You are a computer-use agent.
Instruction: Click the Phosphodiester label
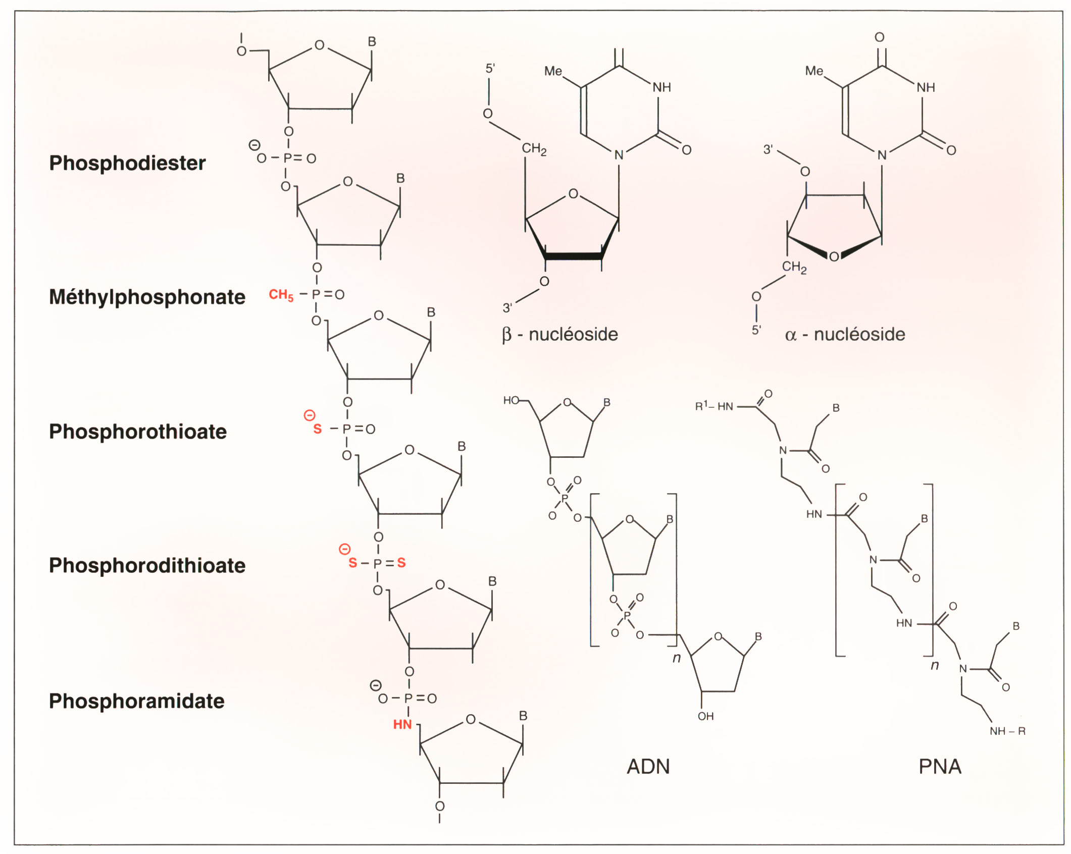point(127,163)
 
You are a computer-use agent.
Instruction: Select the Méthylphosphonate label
point(147,297)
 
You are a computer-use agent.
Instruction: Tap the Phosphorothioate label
point(138,432)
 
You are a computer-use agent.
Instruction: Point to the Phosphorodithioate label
point(147,565)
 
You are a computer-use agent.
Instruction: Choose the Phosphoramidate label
point(136,701)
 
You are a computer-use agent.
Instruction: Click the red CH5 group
point(281,295)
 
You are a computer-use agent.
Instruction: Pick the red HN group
point(402,725)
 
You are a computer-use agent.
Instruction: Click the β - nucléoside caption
point(559,334)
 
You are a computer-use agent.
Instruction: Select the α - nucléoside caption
point(845,334)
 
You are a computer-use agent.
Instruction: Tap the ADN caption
point(648,767)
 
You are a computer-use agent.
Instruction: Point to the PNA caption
point(940,767)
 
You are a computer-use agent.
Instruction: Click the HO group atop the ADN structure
point(511,400)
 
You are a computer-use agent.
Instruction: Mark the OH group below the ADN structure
point(705,716)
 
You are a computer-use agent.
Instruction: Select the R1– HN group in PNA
point(714,406)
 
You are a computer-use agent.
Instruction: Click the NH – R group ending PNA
point(1007,731)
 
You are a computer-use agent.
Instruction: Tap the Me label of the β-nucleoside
point(553,71)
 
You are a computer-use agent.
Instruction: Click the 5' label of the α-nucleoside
point(756,330)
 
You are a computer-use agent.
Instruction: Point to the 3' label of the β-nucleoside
point(507,307)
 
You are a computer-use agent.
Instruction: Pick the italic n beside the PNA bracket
point(935,665)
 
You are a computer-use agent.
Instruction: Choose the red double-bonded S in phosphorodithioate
point(401,563)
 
